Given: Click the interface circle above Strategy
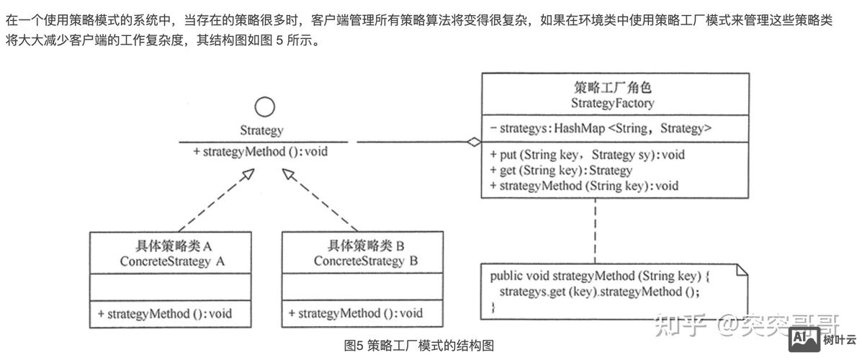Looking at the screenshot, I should (x=265, y=108).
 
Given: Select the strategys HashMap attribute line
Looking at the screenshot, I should (x=601, y=129).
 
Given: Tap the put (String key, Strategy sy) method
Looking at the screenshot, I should (x=587, y=155).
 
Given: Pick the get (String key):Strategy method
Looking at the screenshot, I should (x=560, y=170).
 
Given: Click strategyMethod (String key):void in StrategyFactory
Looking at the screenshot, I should (x=584, y=185).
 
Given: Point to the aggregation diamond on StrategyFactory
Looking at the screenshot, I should (x=472, y=142).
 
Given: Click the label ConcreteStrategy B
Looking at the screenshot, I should (x=365, y=261).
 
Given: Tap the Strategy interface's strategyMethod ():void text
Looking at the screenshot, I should (x=261, y=152).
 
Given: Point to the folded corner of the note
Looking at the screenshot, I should (x=740, y=271).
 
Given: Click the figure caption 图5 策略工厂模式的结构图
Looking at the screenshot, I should (x=419, y=346).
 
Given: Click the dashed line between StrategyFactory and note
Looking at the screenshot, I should (x=595, y=230).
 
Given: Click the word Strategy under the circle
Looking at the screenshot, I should (x=261, y=131).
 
